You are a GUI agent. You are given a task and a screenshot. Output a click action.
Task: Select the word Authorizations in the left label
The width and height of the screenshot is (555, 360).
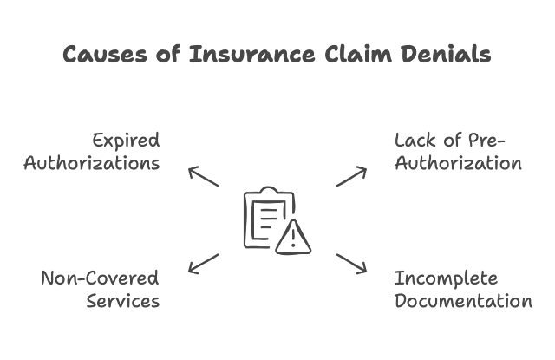(92, 163)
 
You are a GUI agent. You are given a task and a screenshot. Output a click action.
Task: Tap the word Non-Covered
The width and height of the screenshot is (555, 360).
(101, 278)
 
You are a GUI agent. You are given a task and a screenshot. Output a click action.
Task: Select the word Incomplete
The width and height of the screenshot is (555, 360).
(446, 278)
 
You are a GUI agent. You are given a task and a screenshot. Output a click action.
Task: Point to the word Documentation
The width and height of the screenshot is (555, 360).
(463, 301)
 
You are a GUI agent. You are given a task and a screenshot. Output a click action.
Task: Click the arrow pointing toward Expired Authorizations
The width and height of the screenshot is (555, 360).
(204, 176)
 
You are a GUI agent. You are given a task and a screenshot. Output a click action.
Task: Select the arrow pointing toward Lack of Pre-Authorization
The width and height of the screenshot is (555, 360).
(351, 176)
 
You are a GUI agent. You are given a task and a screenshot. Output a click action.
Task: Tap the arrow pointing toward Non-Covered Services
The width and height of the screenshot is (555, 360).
(204, 264)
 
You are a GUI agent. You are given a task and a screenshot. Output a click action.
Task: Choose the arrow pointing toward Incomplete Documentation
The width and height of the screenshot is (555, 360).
(351, 265)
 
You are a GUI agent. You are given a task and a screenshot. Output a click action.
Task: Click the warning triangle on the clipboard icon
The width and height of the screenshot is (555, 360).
(294, 237)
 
